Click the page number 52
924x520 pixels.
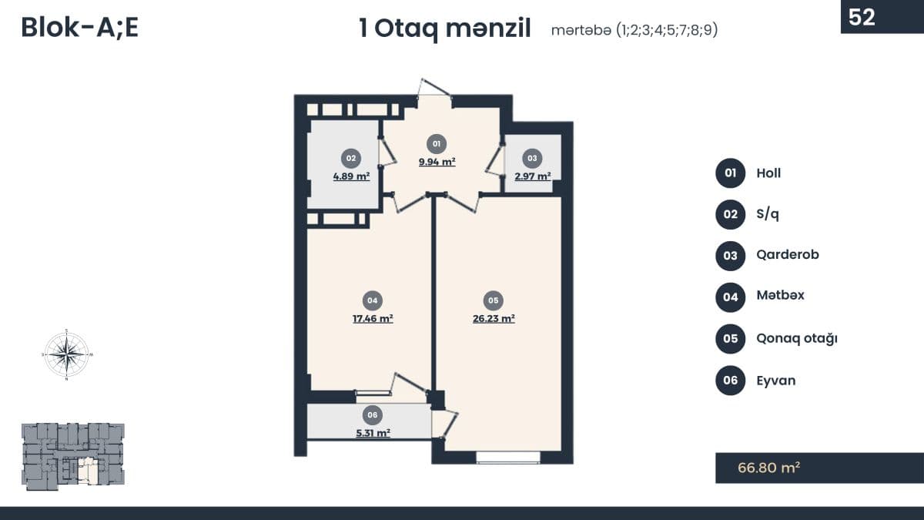862,17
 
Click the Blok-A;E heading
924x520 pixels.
79,28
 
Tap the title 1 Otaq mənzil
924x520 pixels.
445,29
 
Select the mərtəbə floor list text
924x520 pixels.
634,30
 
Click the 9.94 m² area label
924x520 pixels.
437,161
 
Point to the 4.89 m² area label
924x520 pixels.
351,176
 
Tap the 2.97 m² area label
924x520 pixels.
533,176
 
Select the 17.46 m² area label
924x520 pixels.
373,319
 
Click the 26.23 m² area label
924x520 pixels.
494,319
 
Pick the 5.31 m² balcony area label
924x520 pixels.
373,433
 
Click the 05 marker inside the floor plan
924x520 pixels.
494,300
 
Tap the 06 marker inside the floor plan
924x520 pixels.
373,414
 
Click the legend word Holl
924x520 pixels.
768,173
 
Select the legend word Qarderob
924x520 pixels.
788,255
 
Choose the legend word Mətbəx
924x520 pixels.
781,295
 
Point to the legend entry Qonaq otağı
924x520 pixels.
796,338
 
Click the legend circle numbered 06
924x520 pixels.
730,380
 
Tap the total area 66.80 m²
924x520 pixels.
769,468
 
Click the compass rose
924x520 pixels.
66,354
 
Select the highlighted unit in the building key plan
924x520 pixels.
87,471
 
